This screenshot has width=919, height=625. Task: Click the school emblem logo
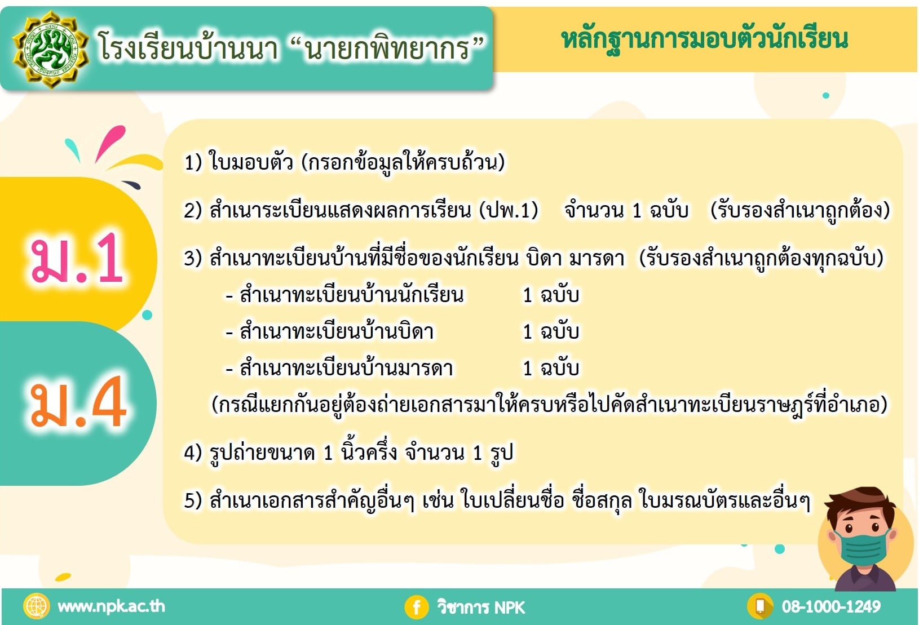(51, 50)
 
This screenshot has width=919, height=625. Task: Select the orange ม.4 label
(78, 402)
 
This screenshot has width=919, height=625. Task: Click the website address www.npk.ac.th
(111, 606)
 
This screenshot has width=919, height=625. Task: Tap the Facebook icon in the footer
(416, 607)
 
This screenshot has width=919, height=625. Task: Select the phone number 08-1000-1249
(831, 606)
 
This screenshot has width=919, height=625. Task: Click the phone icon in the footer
(760, 606)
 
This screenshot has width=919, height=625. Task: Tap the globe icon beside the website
(37, 606)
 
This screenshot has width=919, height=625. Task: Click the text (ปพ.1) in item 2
(509, 210)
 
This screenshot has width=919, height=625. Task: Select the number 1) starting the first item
(193, 162)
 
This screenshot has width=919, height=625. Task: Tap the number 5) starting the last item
(193, 501)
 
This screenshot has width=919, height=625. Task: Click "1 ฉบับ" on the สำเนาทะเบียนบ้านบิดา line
(551, 331)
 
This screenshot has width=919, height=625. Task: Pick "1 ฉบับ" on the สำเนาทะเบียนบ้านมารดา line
(551, 367)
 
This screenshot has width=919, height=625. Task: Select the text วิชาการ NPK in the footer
(481, 607)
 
